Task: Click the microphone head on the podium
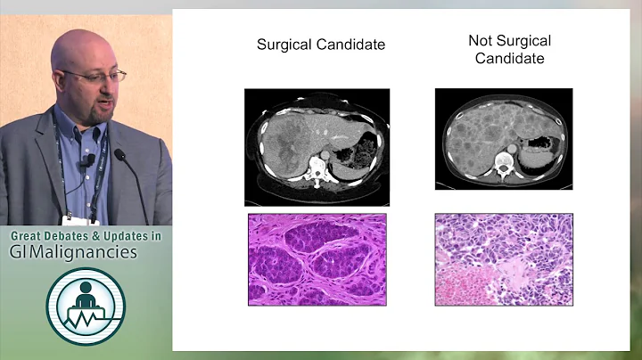click(x=119, y=154)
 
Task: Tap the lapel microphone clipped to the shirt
click(x=88, y=161)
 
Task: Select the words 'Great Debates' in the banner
click(x=48, y=236)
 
